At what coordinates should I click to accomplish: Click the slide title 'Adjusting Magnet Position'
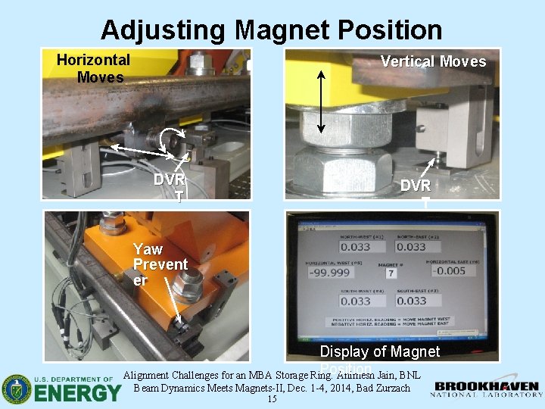pos(271,30)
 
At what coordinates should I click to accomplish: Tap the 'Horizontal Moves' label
pos(93,68)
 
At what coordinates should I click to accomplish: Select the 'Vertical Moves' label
pos(433,61)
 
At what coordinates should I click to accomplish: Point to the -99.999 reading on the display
pos(329,272)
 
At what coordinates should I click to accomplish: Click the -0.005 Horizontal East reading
pos(451,271)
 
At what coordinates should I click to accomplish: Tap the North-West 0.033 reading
pos(355,246)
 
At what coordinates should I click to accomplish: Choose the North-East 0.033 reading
pos(411,246)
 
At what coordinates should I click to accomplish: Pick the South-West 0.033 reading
pos(355,301)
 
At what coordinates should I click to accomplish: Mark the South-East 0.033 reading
pos(411,301)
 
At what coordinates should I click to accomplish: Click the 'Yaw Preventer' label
pos(160,264)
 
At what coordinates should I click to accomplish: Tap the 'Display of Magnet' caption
pos(379,351)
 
